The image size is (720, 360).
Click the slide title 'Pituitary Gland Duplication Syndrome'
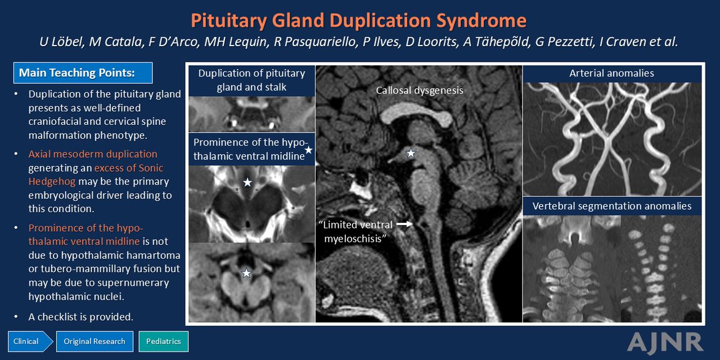359,21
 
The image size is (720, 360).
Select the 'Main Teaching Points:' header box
83,73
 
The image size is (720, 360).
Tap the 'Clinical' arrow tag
30,341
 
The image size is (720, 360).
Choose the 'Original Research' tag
94,341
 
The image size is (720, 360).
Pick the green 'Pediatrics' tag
164,341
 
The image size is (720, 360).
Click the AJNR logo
665,343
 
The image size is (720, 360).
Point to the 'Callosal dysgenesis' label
420,91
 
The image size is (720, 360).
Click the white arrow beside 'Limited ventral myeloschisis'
404,224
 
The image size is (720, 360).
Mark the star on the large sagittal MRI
411,153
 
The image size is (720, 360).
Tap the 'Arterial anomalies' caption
611,73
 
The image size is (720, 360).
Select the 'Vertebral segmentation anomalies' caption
612,206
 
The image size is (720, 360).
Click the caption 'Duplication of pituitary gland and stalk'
251,80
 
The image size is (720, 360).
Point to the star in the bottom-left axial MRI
246,273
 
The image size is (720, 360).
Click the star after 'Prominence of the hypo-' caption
309,150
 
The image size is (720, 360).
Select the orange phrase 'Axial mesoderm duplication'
93,154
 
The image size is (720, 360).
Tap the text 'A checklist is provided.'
80,317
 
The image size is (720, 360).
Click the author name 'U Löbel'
61,42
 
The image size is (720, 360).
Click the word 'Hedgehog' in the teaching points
52,182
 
